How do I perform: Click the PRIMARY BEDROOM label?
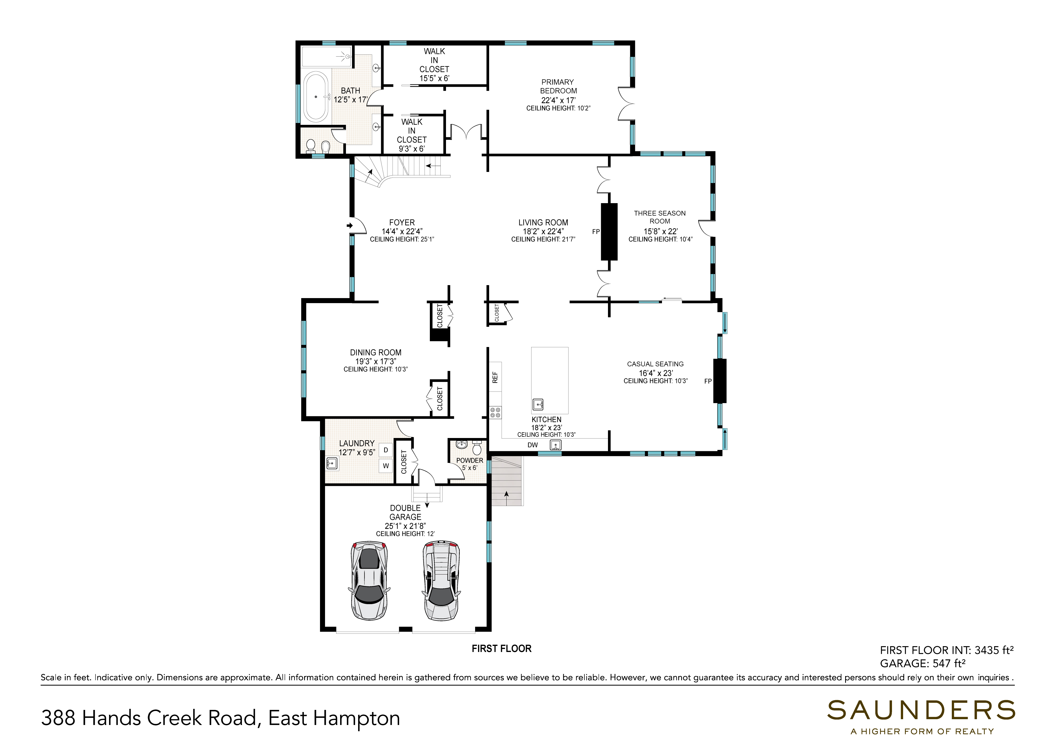click(558, 86)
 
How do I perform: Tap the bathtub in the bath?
click(316, 97)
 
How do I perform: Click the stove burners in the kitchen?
click(496, 412)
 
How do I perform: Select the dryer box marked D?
click(386, 450)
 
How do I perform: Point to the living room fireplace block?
click(609, 231)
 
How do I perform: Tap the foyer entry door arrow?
click(350, 225)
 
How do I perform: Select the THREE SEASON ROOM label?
click(660, 217)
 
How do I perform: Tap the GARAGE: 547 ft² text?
click(923, 663)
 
